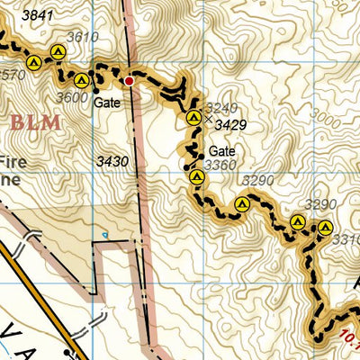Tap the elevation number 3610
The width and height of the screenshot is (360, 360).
point(84,37)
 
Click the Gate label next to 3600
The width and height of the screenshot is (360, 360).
point(106,103)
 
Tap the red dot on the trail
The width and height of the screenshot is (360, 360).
point(129,81)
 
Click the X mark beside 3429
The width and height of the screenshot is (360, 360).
point(209,118)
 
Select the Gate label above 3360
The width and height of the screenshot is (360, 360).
point(221,151)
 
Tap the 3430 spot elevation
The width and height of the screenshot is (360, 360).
point(112,161)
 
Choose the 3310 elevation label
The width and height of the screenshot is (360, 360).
point(346,240)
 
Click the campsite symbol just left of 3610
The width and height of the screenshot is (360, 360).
point(58,52)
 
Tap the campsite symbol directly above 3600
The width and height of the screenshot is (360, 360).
point(81,80)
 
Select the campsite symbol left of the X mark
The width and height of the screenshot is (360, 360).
point(193,118)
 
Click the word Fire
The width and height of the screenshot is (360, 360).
point(12,163)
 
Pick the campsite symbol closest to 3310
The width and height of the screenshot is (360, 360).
point(326,227)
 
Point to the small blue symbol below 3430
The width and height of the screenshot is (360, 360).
point(104,236)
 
